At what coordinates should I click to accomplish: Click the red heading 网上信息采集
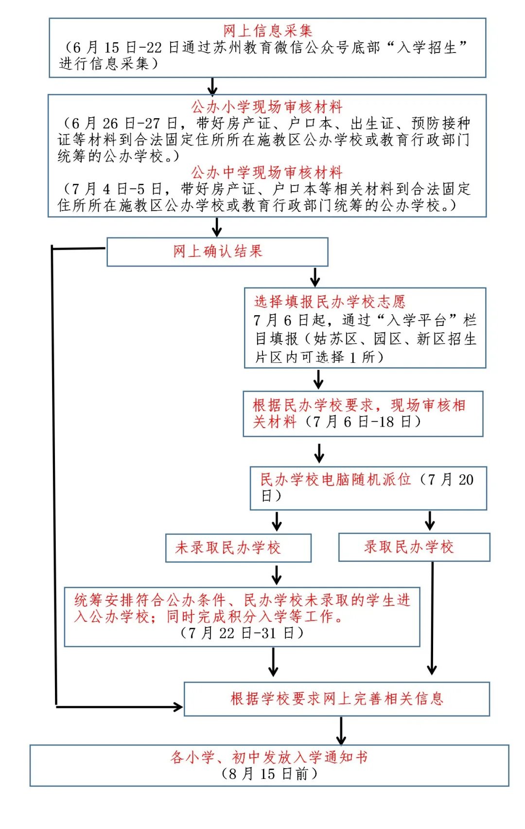pos(267,31)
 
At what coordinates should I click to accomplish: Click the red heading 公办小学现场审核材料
pos(267,107)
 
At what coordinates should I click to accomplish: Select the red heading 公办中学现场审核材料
pos(267,172)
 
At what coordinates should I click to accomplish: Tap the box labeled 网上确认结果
pos(217,252)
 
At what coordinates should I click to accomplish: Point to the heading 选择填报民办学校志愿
pos(330,302)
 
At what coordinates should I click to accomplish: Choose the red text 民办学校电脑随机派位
pos(335,480)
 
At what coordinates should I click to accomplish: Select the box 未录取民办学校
pos(238,548)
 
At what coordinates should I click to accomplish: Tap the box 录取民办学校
pos(414,547)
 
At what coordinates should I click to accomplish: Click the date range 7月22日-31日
pos(242,633)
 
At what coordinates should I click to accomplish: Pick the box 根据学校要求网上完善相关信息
pos(336,699)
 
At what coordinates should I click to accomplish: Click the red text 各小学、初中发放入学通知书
pos(269,757)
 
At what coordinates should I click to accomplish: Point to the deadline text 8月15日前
pos(269,774)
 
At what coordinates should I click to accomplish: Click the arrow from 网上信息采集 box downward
pos(212,86)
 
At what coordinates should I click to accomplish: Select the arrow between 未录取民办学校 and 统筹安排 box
pos(277,575)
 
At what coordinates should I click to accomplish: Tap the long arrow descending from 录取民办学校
pos(432,618)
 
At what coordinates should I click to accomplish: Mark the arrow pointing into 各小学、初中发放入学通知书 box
pos(341,731)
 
